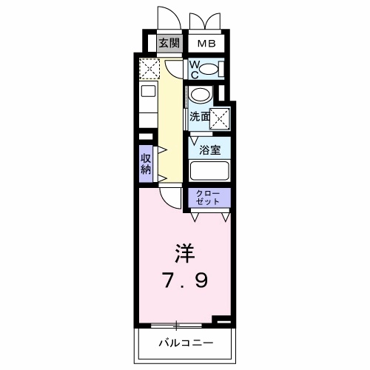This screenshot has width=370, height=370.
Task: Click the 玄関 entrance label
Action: point(169,43)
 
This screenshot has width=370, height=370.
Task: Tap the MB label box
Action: point(206,43)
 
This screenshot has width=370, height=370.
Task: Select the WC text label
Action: point(194,70)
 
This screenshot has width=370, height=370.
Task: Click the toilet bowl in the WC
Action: point(210,70)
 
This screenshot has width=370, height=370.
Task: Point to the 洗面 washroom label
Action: point(198,116)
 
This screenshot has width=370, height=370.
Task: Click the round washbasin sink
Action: point(200,96)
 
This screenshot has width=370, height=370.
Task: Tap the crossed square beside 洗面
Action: point(220,117)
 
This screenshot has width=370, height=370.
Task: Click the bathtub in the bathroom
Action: point(209,170)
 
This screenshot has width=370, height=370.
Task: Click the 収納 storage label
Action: point(147,163)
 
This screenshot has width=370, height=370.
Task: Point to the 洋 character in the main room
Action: point(184,255)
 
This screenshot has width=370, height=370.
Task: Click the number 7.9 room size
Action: point(184,281)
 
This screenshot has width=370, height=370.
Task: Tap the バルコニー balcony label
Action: point(186,343)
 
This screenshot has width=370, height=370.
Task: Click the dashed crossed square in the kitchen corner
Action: point(149,70)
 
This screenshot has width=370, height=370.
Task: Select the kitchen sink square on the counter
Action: point(148,93)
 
